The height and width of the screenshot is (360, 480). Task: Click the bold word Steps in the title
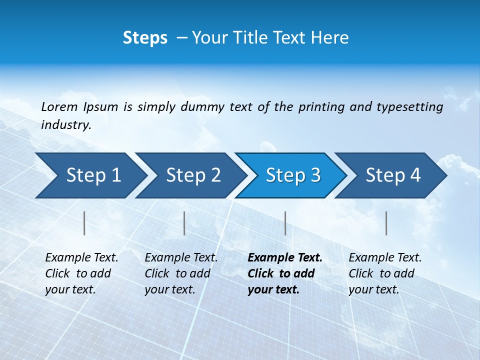(x=145, y=38)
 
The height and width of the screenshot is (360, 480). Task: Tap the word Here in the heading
(x=329, y=38)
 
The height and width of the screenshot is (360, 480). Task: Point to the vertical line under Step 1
(x=84, y=223)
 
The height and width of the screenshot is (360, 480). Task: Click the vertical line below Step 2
(x=184, y=223)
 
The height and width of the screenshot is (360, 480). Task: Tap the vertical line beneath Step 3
(x=285, y=223)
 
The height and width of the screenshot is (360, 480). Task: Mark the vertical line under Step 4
(x=386, y=223)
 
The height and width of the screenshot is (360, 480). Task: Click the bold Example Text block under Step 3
(x=284, y=273)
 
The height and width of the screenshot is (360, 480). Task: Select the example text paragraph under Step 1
(x=81, y=273)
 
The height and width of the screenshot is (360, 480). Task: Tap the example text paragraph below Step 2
(x=180, y=273)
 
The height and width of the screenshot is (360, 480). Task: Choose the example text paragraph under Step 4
(x=384, y=273)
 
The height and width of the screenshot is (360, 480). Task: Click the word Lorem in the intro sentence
(x=59, y=106)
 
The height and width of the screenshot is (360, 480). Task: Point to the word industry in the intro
(x=65, y=125)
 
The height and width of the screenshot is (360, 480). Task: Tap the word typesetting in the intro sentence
(x=409, y=107)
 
